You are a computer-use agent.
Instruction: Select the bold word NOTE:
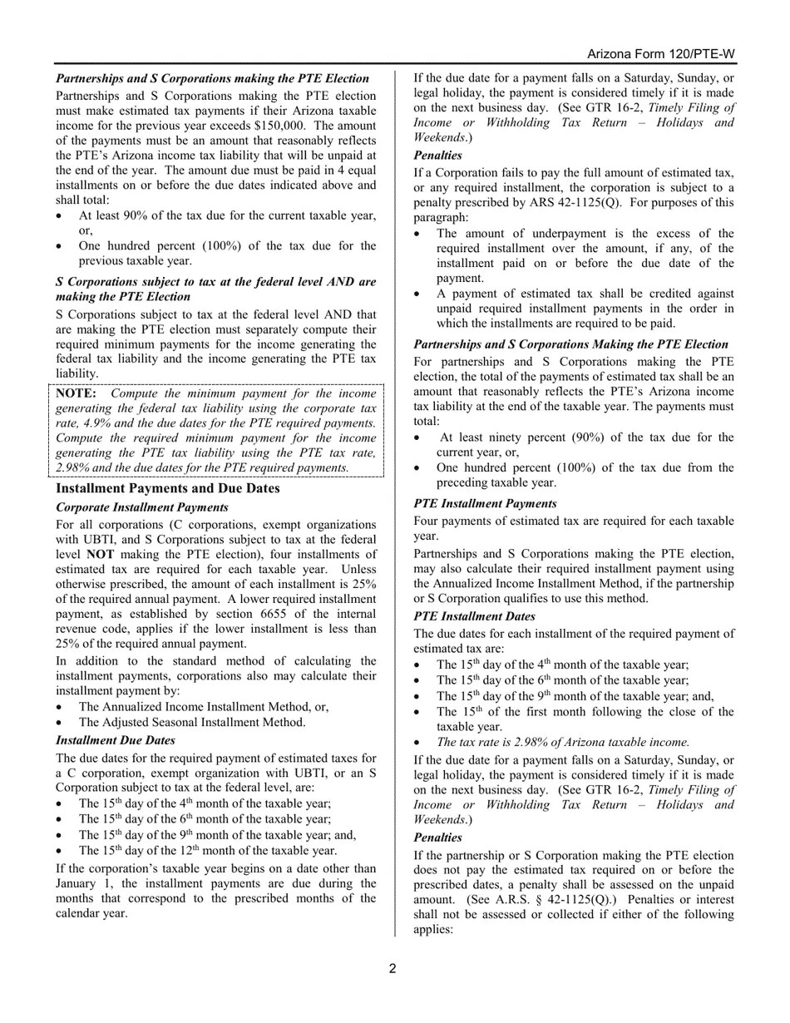[77, 393]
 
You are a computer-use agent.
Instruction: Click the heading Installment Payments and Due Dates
[167, 488]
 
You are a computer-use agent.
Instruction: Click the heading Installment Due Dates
[116, 740]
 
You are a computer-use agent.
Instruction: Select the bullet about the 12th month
[207, 851]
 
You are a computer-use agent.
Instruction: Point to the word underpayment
[541, 234]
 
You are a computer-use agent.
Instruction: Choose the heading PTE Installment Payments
[485, 503]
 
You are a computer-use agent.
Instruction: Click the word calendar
[78, 913]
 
